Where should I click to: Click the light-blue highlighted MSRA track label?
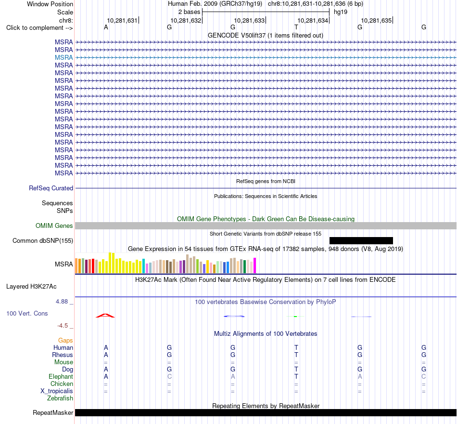[63, 57]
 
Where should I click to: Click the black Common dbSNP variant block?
[361, 240]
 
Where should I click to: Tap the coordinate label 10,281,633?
[249, 20]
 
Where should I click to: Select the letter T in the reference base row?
[296, 27]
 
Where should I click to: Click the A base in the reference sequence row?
[106, 27]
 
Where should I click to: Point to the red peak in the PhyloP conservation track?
[105, 316]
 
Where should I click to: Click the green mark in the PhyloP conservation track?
[295, 317]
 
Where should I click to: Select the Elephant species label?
[61, 376]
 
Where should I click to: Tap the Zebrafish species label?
[60, 398]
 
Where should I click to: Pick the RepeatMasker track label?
[53, 412]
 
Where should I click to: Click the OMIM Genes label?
[54, 225]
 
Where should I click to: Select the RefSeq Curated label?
[51, 188]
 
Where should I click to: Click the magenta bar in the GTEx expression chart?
[255, 265]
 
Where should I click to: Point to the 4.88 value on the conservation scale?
[62, 301]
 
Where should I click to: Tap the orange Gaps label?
[65, 341]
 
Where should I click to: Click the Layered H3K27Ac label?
[31, 287]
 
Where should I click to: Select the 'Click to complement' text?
[35, 28]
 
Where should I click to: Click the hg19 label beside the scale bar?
[341, 12]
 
